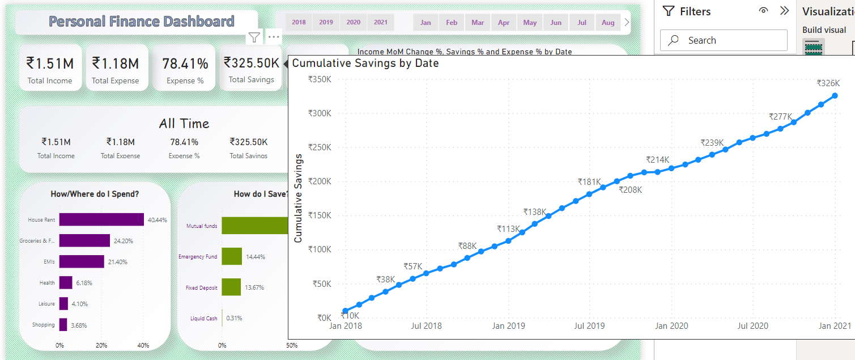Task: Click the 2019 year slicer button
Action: [x=326, y=22]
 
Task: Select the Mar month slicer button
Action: [x=478, y=23]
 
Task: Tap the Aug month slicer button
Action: [x=608, y=23]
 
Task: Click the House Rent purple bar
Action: [x=101, y=219]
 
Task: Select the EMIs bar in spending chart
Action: [x=82, y=261]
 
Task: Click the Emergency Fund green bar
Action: [x=232, y=256]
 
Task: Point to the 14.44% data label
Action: [x=256, y=257]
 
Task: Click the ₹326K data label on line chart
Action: [x=828, y=83]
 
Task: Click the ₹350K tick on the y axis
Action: [x=320, y=79]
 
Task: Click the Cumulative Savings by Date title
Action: [x=365, y=63]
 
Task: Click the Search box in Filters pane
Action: [x=724, y=40]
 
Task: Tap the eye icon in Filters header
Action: [x=764, y=11]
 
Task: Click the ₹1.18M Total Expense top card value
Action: [x=116, y=63]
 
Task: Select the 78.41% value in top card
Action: [x=185, y=63]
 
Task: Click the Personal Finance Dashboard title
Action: [x=141, y=22]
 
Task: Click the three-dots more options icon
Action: [x=274, y=37]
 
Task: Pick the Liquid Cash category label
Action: [x=203, y=318]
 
